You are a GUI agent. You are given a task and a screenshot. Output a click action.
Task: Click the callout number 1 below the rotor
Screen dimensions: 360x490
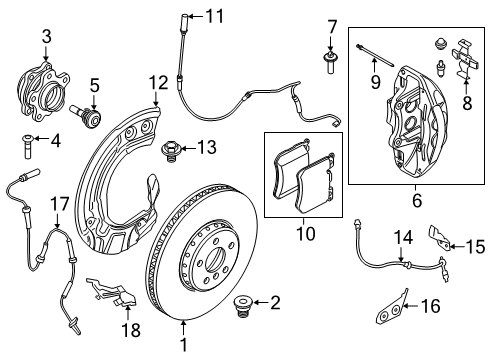pos(185,352)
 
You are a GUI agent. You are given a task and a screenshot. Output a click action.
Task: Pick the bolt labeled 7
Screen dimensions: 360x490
pos(329,66)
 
